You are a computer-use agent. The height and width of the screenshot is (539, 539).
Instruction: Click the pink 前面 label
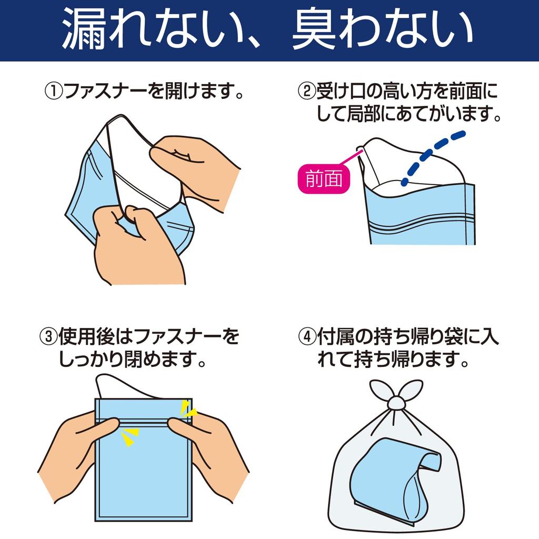tap(324, 179)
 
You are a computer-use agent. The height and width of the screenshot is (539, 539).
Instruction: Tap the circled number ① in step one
tap(54, 92)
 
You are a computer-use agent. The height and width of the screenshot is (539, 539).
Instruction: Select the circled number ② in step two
tap(307, 92)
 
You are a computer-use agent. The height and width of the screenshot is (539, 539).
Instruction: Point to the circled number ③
tap(49, 337)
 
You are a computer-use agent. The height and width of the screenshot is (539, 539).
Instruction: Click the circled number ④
tap(307, 337)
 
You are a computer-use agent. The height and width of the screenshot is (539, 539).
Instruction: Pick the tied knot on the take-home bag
tap(396, 402)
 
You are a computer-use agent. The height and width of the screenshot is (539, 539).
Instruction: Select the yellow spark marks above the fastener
tap(188, 408)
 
